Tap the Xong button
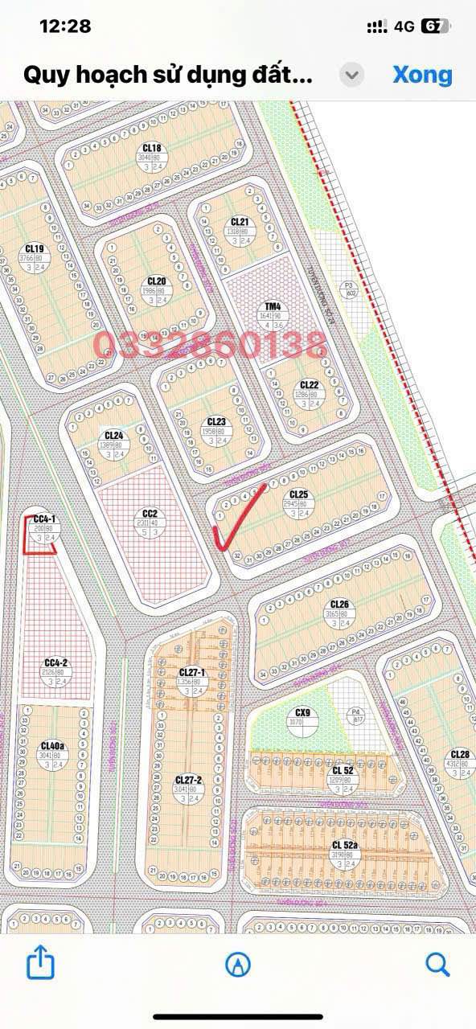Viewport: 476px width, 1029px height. point(422,75)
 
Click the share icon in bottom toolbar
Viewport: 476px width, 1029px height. point(40,962)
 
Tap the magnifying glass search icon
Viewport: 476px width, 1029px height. point(437,963)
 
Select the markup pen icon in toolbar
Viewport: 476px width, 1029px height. point(238,964)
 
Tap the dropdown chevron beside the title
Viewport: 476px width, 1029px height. point(351,76)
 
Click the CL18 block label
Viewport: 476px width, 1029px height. point(152,148)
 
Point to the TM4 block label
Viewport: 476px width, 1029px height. point(273,306)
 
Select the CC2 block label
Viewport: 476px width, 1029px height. point(150,514)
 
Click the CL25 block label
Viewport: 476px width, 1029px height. point(298,494)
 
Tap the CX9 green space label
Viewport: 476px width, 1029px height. point(302,712)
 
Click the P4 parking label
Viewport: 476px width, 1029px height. point(355,711)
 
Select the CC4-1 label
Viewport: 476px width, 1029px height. point(44,519)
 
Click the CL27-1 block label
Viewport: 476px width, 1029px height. point(192,672)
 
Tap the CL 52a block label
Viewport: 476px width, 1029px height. point(345,845)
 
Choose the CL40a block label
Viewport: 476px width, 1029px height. point(52,745)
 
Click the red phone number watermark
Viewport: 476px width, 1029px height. point(210,345)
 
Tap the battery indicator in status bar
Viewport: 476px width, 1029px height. point(433,26)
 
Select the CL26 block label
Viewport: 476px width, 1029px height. point(339,604)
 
